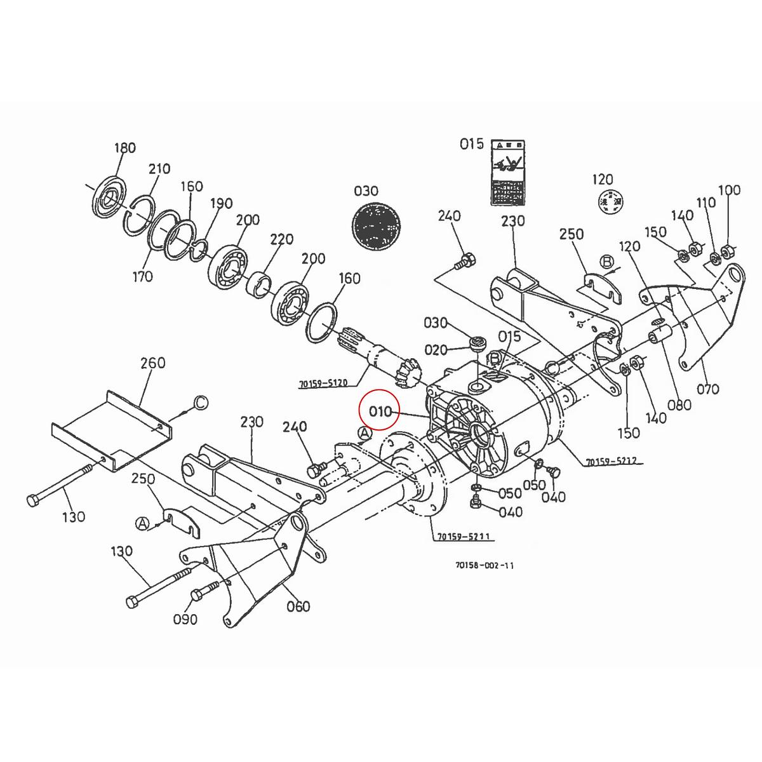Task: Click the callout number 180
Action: tap(124, 148)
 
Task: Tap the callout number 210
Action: tap(159, 169)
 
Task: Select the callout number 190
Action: tap(221, 204)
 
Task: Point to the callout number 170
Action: tap(143, 276)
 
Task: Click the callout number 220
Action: tap(281, 239)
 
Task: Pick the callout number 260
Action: tap(152, 363)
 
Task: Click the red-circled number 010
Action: tap(381, 411)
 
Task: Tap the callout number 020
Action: tap(436, 350)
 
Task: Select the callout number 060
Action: tap(298, 606)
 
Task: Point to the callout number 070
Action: tap(708, 389)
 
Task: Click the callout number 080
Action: tap(679, 404)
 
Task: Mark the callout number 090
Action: tap(185, 619)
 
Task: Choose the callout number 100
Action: tap(729, 190)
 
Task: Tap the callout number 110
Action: tap(705, 203)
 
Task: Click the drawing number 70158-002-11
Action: tap(485, 566)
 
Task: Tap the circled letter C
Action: tap(200, 403)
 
